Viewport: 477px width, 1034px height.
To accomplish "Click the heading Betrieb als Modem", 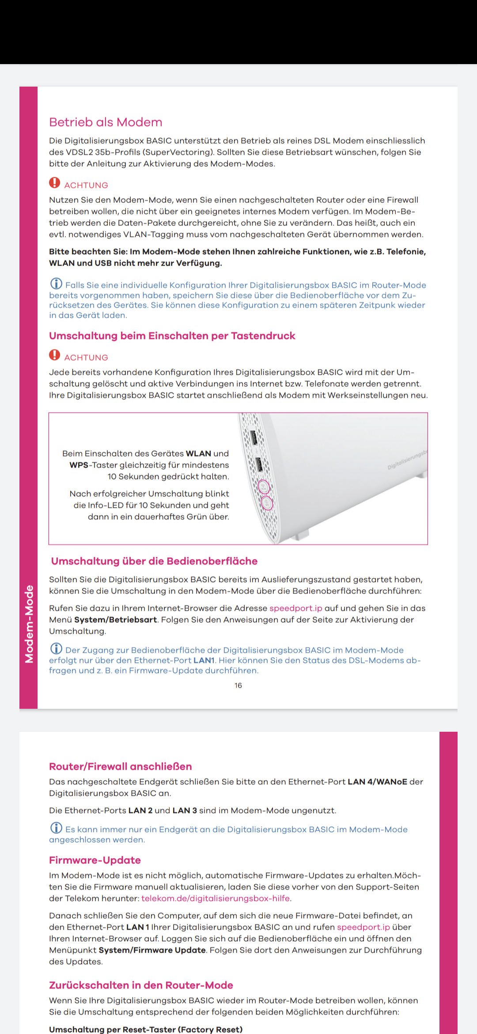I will coord(106,122).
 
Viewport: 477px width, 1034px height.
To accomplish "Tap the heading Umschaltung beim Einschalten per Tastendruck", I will coord(172,336).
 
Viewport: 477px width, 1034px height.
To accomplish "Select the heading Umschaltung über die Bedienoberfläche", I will coord(154,561).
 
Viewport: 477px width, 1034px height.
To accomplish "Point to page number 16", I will coord(238,685).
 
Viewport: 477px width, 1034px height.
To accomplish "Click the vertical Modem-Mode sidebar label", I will coord(29,624).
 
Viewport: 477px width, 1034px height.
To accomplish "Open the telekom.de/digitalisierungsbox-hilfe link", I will coord(216,898).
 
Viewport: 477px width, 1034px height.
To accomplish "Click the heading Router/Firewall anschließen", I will coord(120,767).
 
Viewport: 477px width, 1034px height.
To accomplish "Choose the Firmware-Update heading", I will coord(95,860).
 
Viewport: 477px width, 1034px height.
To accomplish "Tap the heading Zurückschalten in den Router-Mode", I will coord(141,985).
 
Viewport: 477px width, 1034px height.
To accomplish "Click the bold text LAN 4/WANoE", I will coord(377,782).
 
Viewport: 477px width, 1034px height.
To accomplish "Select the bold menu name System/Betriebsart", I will coord(115,620).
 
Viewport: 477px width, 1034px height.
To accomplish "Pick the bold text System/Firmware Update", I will coord(152,950).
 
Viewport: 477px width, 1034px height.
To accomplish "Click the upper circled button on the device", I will coord(263,487).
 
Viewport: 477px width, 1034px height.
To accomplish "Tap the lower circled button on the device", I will coord(266,503).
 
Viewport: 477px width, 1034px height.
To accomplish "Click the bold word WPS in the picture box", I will coord(79,465).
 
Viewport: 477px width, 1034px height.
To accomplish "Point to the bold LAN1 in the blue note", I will coord(204,660).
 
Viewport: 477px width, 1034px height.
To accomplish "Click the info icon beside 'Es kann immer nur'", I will coord(56,828).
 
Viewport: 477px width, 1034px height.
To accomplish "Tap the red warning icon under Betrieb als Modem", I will coord(54,183).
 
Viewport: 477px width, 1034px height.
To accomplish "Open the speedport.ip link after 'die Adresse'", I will coord(296,608).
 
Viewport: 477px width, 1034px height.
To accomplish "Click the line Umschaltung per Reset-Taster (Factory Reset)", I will coord(146,1029).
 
